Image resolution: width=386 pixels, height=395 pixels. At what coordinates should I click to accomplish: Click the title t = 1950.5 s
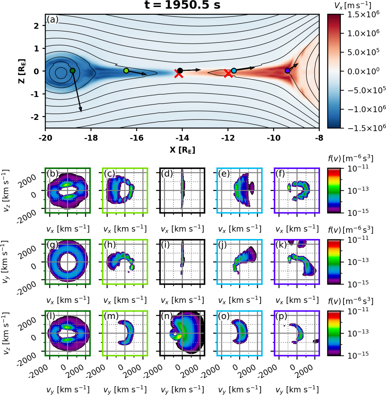tap(182, 5)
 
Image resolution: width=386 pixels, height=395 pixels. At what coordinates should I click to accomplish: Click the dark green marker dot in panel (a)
tap(73, 71)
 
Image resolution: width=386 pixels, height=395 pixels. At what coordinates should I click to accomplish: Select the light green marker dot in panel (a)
tap(126, 71)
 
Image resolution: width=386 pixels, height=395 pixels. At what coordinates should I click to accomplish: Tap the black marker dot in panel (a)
tap(180, 71)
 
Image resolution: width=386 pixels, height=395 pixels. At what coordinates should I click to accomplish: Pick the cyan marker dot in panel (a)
tap(234, 71)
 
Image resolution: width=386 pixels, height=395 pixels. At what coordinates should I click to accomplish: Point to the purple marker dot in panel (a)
tap(287, 71)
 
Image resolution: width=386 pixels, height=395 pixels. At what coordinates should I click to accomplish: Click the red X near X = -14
tap(179, 74)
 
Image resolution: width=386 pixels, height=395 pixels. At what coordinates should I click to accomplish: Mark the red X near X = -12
tap(228, 74)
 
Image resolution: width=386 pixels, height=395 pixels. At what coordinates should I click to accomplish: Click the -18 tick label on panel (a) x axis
tap(91, 138)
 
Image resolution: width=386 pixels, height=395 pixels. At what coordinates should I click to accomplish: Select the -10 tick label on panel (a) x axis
tap(274, 138)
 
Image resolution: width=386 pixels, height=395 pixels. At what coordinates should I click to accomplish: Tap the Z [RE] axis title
tap(22, 71)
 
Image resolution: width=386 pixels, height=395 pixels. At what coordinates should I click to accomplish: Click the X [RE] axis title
tap(182, 150)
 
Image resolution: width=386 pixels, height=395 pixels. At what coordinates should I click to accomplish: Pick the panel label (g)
tap(53, 245)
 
